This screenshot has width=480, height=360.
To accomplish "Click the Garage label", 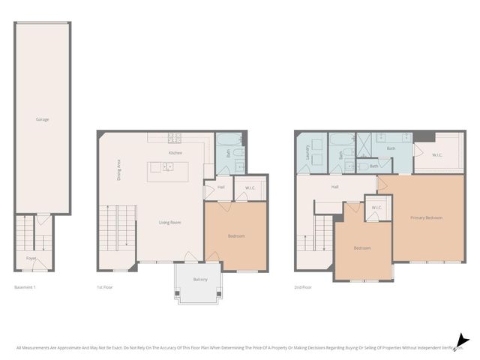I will (43, 119).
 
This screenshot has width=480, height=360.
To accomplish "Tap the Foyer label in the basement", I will (31, 258).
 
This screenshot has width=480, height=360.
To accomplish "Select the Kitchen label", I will (175, 153).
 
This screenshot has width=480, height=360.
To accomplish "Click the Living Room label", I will (169, 222).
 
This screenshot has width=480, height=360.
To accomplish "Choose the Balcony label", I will (200, 279).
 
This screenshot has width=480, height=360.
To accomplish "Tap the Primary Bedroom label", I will (426, 217).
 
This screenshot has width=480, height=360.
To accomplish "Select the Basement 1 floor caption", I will (25, 288).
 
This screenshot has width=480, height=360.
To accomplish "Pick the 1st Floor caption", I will (104, 288).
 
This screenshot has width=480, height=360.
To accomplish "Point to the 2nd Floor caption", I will (302, 288).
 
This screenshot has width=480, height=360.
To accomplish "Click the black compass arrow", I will (463, 341).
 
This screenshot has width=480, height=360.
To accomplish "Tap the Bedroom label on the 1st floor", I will (236, 236).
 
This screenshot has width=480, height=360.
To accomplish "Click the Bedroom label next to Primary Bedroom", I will (362, 248).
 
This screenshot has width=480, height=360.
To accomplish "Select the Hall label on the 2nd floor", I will (335, 187).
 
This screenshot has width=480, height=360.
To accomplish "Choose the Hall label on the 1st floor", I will (221, 187).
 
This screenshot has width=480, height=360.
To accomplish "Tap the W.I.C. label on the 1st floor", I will (250, 187).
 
